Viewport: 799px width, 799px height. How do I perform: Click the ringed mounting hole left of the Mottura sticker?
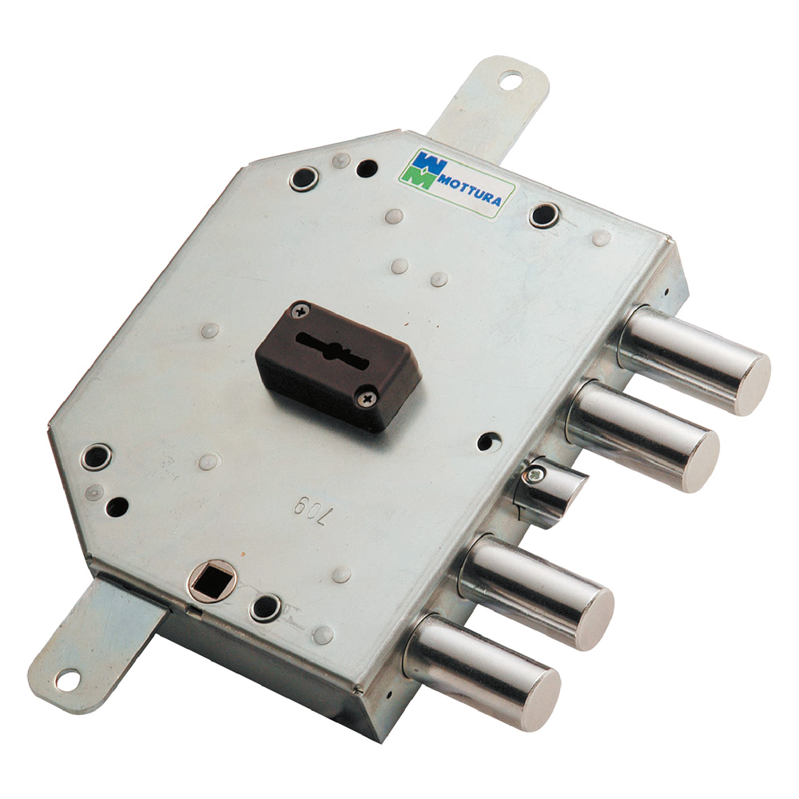[304, 177]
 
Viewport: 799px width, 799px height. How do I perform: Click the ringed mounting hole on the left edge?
[97, 456]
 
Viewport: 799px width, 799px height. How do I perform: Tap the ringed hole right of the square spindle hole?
[264, 608]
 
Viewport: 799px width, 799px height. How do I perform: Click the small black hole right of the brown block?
[487, 440]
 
